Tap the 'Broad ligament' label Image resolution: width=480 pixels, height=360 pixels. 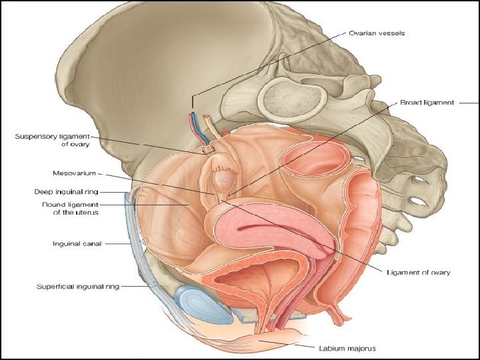coord(427,103)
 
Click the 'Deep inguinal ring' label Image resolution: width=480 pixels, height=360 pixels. coord(67,192)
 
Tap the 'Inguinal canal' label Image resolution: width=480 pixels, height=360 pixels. coord(77,244)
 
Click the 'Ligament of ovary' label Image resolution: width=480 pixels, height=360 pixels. coord(418,272)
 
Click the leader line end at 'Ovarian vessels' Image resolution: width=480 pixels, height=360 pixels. coord(192,107)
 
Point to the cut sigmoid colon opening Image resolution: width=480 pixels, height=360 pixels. coord(314,160)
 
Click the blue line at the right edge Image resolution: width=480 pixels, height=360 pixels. coord(470,103)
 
